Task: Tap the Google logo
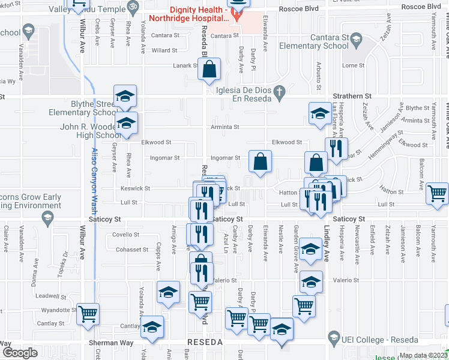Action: pyautogui.click(x=20, y=353)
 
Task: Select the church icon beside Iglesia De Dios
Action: pyautogui.click(x=279, y=92)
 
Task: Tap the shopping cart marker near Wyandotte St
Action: pyautogui.click(x=88, y=313)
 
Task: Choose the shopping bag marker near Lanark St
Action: pyautogui.click(x=209, y=70)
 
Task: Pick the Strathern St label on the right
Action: pyautogui.click(x=352, y=96)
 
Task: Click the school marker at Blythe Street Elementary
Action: pyautogui.click(x=125, y=96)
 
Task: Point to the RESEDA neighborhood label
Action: pyautogui.click(x=205, y=341)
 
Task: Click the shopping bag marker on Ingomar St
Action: pyautogui.click(x=260, y=161)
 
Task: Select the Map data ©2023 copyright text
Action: pyautogui.click(x=423, y=355)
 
